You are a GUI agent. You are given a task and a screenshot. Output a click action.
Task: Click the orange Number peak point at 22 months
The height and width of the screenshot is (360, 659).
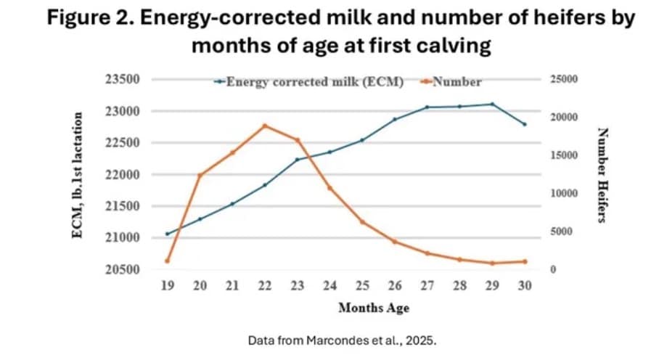point(265,126)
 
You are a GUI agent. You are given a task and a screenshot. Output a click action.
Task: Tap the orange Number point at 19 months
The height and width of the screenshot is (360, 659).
point(167,261)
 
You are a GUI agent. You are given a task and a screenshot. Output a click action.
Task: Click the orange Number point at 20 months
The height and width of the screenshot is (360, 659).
point(200,175)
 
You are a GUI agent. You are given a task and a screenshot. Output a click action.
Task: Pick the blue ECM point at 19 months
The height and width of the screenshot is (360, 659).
point(167,234)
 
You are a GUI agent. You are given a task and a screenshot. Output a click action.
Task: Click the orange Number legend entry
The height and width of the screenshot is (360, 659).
point(457,81)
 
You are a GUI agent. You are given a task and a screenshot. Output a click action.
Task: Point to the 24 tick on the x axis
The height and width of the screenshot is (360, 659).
point(330,286)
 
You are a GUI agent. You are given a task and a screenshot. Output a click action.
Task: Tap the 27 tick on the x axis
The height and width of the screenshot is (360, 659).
point(427,286)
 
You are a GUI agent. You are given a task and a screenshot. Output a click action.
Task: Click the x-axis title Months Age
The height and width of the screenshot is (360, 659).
point(374,308)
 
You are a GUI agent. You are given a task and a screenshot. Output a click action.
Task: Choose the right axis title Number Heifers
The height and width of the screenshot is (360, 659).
point(601,175)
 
